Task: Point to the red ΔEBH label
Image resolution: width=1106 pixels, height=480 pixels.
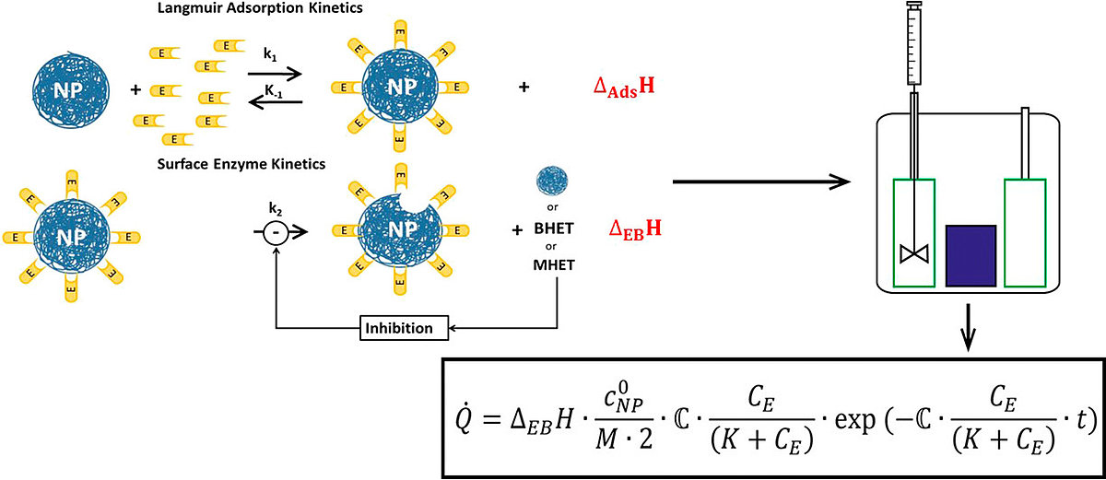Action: pyautogui.click(x=636, y=226)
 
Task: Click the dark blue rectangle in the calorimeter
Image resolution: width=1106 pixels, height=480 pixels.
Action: pyautogui.click(x=970, y=254)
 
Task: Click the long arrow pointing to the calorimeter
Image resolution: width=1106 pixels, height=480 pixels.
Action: pyautogui.click(x=761, y=181)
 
